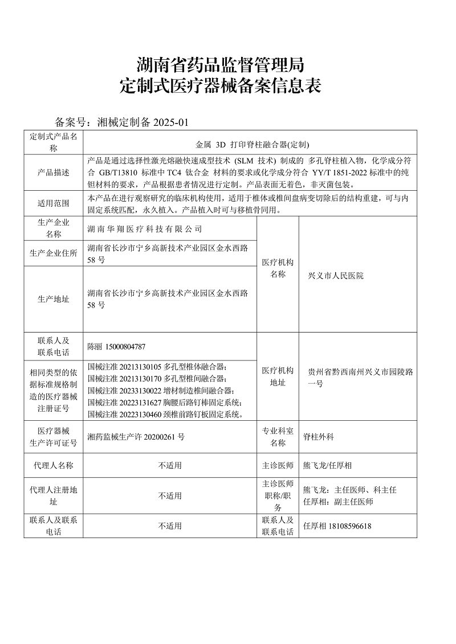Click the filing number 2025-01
[x=171, y=122]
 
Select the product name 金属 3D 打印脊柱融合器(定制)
[x=252, y=145]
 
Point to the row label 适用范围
[x=54, y=203]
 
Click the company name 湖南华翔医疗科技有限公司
[x=145, y=229]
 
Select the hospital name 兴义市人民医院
[x=335, y=276]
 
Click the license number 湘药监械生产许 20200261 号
[x=136, y=437]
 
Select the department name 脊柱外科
[x=318, y=437]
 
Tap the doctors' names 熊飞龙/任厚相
[x=327, y=465]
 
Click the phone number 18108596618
[x=349, y=526]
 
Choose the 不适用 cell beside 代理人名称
[x=170, y=465]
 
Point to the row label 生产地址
[x=54, y=299]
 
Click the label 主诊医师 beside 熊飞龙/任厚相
[x=278, y=465]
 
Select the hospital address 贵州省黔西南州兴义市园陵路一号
[x=360, y=378]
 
